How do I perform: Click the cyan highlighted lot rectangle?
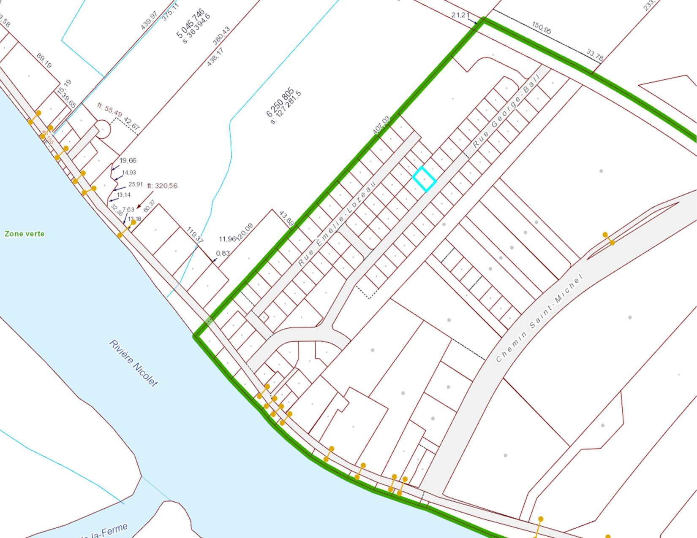[424, 179]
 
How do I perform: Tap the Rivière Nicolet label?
[133, 363]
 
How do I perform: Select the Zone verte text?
[24, 234]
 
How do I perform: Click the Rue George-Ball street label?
[506, 111]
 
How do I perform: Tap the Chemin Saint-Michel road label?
[539, 317]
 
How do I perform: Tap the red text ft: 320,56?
[162, 186]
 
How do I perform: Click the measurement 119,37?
[195, 235]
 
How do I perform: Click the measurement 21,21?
[460, 15]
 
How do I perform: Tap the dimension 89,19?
[44, 61]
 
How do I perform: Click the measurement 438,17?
[215, 57]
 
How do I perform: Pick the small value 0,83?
[223, 253]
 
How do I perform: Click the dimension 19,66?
[128, 160]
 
